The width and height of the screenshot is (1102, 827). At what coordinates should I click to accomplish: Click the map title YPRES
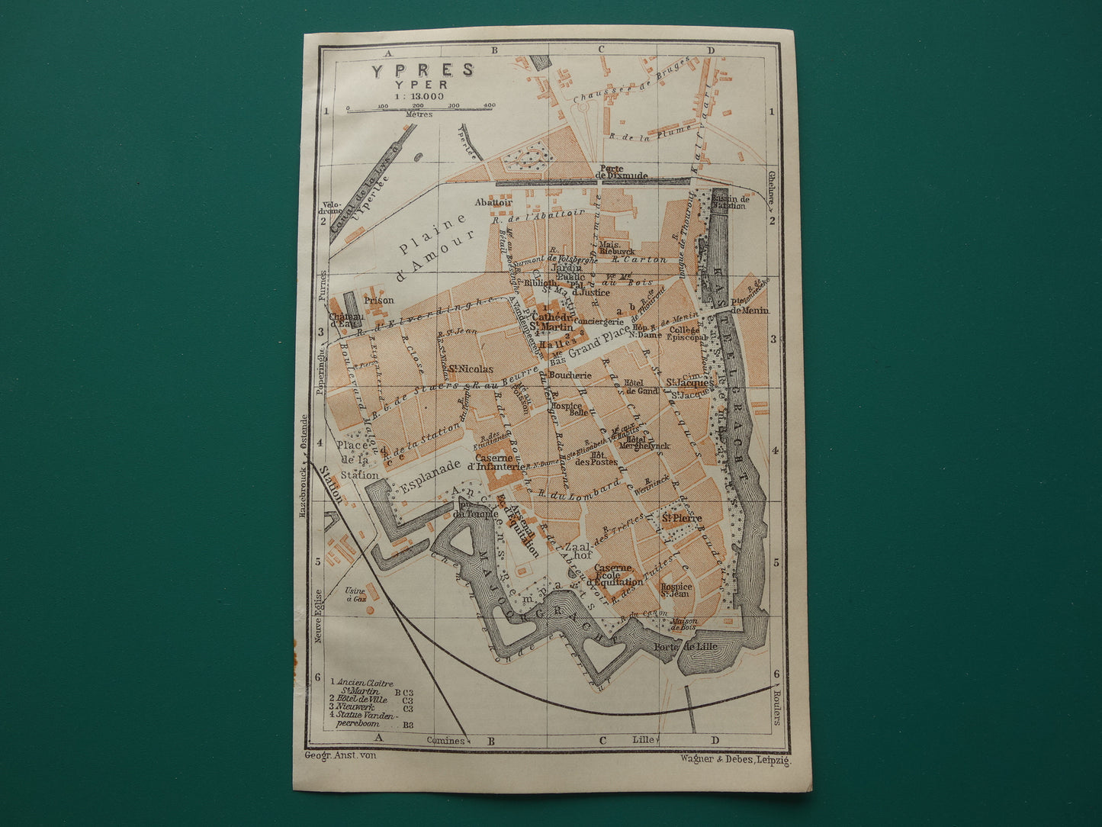click(422, 70)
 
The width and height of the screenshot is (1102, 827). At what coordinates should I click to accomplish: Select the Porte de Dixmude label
click(622, 172)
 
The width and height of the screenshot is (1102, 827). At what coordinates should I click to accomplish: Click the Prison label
click(379, 300)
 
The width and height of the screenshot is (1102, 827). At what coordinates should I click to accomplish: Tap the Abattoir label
click(491, 202)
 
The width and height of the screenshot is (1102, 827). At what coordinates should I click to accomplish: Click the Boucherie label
click(570, 375)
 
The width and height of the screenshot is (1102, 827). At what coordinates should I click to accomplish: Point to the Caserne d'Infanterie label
click(496, 462)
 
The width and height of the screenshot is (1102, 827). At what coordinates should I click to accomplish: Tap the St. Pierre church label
click(681, 518)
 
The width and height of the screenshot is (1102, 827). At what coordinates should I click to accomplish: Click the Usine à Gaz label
click(355, 595)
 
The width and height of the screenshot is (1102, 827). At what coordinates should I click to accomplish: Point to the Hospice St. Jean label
click(676, 590)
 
